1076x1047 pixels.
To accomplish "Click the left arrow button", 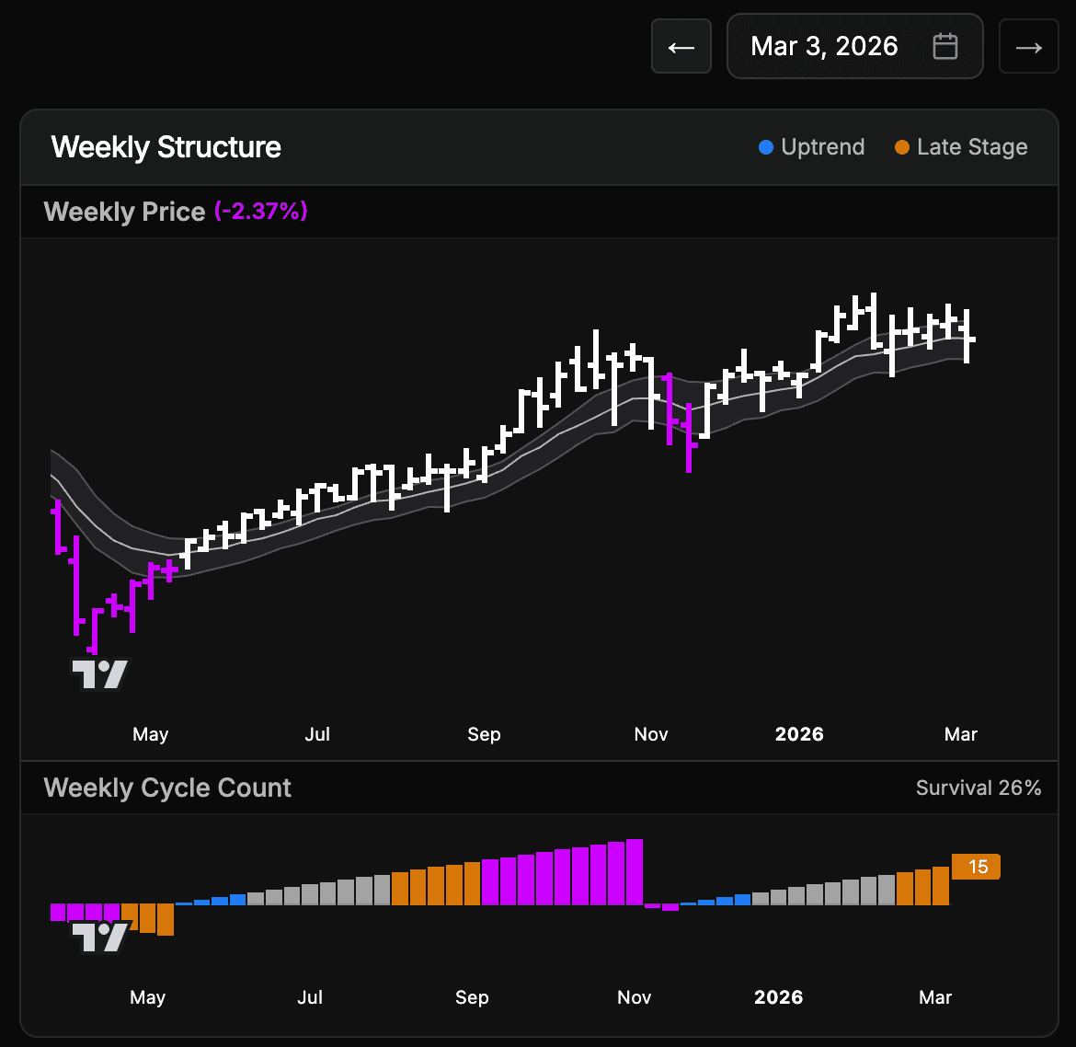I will pyautogui.click(x=681, y=47).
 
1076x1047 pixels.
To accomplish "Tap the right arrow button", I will pyautogui.click(x=1028, y=47).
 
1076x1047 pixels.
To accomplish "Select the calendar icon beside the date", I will pyautogui.click(x=945, y=47).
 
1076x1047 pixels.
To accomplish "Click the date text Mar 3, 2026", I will pyautogui.click(x=824, y=47).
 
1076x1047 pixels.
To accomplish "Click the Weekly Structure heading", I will pyautogui.click(x=166, y=147).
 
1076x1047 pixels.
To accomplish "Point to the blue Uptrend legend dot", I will pyautogui.click(x=766, y=147).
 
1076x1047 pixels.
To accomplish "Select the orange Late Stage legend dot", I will pyautogui.click(x=902, y=147).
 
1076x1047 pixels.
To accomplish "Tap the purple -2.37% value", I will pyautogui.click(x=261, y=212).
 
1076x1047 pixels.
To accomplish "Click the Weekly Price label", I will pyautogui.click(x=124, y=212).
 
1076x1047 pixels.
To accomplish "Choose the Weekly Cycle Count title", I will pyautogui.click(x=167, y=788).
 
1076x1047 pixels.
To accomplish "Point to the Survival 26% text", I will pyautogui.click(x=979, y=788).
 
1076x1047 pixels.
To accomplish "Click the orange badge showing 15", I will pyautogui.click(x=977, y=867).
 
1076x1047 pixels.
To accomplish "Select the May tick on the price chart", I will pyautogui.click(x=151, y=734).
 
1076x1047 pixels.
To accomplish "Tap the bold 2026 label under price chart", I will pyautogui.click(x=799, y=734).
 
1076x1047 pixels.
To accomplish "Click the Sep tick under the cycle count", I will pyautogui.click(x=472, y=997).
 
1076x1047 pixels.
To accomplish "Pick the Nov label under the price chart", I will pyautogui.click(x=651, y=734).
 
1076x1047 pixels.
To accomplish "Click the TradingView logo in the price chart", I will pyautogui.click(x=100, y=674).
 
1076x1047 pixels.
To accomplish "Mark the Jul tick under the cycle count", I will pyautogui.click(x=310, y=997).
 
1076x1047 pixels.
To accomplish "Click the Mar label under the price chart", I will pyautogui.click(x=961, y=734).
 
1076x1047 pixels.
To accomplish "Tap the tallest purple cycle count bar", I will pyautogui.click(x=634, y=871).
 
